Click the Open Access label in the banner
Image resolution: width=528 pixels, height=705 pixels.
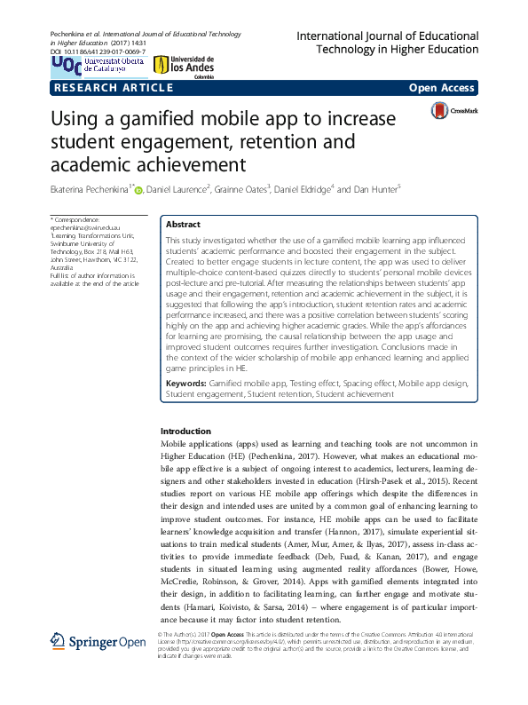tap(442, 89)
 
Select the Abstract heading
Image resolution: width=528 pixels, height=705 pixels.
tap(183, 225)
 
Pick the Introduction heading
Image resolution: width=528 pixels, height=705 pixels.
tap(185, 432)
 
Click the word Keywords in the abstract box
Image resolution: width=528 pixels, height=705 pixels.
tap(185, 408)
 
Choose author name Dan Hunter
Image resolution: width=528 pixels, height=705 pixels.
tap(377, 188)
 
